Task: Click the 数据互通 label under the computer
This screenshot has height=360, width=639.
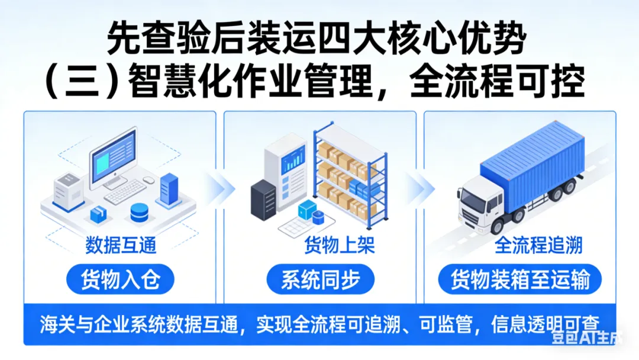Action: coord(121,245)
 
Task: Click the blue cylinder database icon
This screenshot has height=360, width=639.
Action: coord(139,211)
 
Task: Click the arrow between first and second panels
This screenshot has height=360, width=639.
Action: coord(218,191)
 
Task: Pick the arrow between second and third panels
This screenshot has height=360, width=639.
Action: coord(418,191)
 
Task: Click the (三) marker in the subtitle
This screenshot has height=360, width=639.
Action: coord(75,83)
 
